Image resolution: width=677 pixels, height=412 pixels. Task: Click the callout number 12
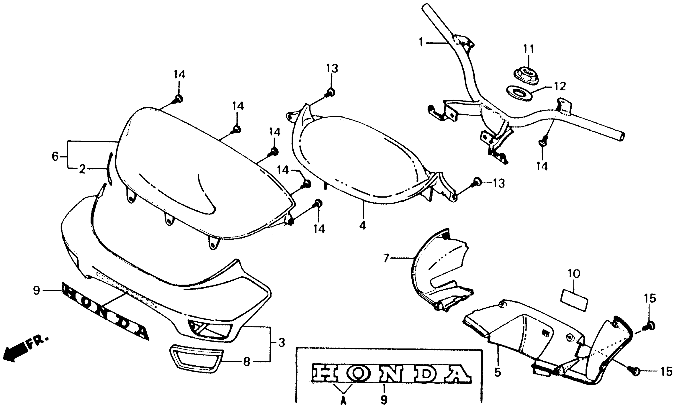pyautogui.click(x=560, y=86)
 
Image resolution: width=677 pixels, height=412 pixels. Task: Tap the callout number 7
pyautogui.click(x=386, y=258)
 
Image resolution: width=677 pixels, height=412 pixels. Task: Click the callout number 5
pyautogui.click(x=498, y=372)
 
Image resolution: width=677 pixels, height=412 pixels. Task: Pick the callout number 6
pyautogui.click(x=55, y=157)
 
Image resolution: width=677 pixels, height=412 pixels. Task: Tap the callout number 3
pyautogui.click(x=281, y=343)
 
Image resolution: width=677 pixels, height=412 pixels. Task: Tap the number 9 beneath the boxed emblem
pyautogui.click(x=384, y=400)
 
